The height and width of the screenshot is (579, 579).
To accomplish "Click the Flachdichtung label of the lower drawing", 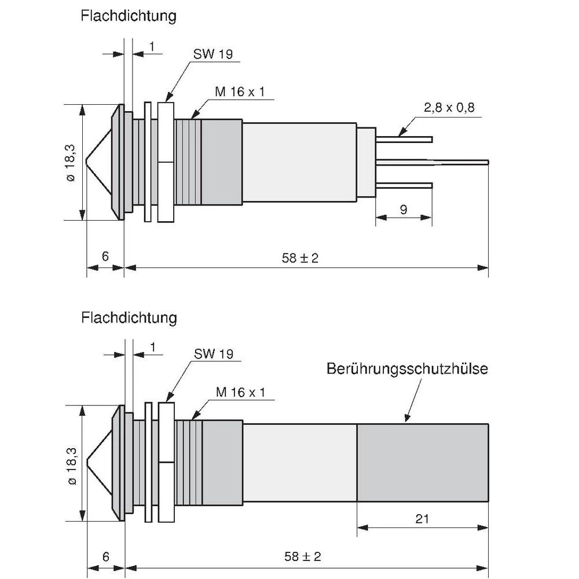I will tap(129, 317).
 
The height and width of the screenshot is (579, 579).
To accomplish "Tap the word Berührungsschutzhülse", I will tap(407, 368).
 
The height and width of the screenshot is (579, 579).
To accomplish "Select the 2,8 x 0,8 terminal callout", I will tap(449, 107).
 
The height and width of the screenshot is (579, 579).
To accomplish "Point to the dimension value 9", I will tap(404, 210).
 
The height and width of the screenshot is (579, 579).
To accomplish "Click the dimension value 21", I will tap(423, 518).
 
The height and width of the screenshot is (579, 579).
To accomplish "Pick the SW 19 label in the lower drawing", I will tap(214, 354).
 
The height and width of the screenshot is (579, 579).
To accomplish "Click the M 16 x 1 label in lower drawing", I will tap(240, 392).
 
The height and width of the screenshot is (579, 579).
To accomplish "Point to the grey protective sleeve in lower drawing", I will tap(423, 462).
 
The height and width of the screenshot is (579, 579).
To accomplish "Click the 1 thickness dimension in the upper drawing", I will tap(152, 46).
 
